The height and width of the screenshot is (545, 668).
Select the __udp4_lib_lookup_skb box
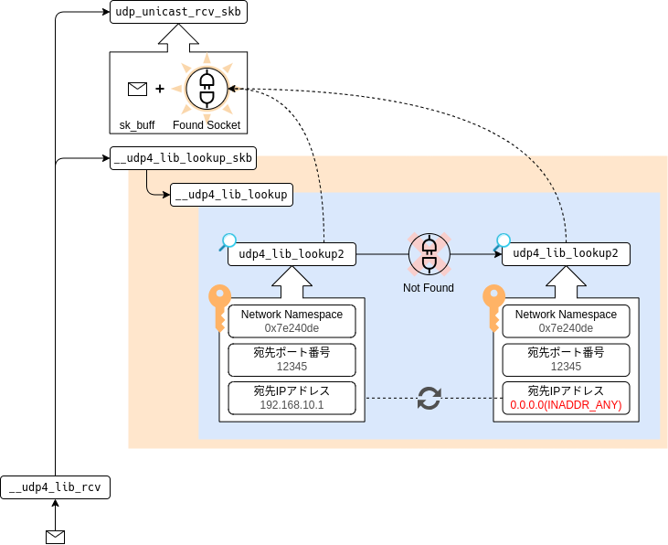(x=183, y=158)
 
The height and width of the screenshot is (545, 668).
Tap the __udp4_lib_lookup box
(x=231, y=194)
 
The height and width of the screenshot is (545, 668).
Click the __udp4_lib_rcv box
(x=56, y=487)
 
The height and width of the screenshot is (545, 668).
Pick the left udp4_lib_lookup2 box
(x=292, y=254)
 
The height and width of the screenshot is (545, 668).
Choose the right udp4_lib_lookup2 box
(x=566, y=254)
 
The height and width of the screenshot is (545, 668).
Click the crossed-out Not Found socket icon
(x=429, y=254)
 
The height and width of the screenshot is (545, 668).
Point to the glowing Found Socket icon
(x=206, y=89)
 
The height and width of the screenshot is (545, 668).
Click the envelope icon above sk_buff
(x=137, y=89)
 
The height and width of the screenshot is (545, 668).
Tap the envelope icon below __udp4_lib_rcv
(x=56, y=536)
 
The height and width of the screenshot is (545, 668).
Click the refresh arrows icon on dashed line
(x=429, y=398)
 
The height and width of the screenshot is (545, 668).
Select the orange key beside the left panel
(x=219, y=306)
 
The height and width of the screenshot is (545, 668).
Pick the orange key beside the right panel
(x=493, y=306)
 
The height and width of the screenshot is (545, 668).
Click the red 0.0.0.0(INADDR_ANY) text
(x=566, y=405)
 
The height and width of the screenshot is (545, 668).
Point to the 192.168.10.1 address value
(x=292, y=405)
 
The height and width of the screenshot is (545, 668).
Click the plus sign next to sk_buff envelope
(x=160, y=89)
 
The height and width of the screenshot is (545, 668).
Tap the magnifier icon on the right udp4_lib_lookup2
(x=503, y=241)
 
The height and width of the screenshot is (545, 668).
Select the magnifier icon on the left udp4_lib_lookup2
(x=228, y=241)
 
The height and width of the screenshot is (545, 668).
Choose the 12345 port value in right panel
(x=566, y=367)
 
